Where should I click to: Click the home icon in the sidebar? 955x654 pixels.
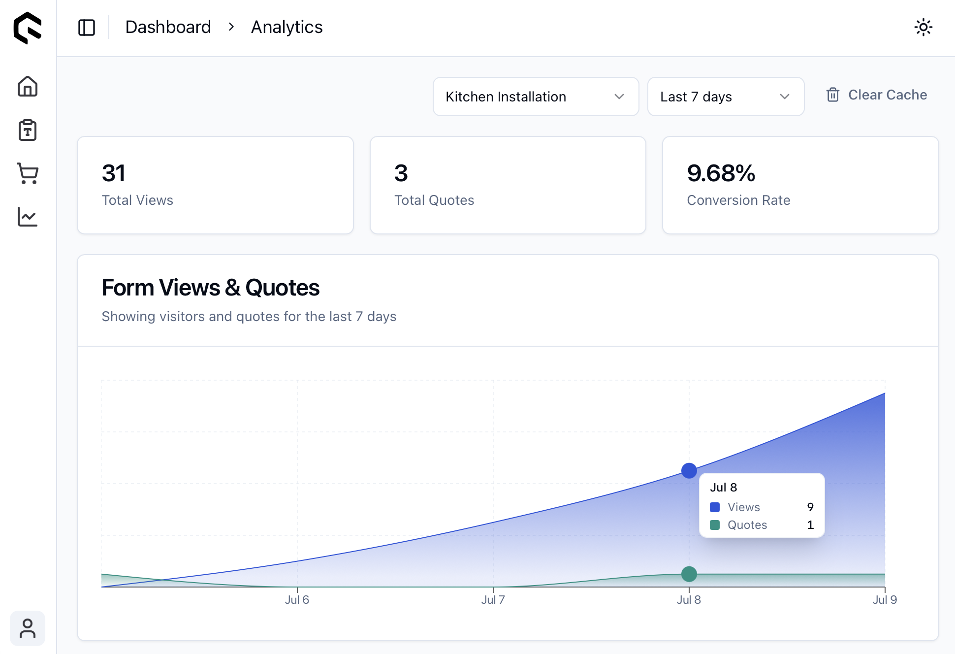(28, 87)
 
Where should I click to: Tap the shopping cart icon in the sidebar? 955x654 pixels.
(28, 173)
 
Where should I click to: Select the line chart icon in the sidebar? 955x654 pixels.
(28, 217)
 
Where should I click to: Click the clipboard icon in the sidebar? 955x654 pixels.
(28, 130)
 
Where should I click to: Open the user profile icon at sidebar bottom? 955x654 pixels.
(28, 628)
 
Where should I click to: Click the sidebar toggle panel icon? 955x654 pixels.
(87, 28)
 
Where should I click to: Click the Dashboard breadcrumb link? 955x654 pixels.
(168, 27)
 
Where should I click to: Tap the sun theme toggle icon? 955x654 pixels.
(923, 27)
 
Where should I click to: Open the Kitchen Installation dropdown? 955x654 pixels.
(536, 97)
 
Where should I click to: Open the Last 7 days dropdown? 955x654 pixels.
(726, 97)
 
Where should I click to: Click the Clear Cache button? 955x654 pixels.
(877, 95)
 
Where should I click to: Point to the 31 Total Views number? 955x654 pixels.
(114, 173)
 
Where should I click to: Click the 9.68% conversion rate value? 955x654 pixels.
(721, 173)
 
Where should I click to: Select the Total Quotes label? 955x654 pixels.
(434, 200)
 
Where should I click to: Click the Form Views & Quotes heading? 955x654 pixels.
(210, 288)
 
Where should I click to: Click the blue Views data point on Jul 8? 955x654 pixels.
(689, 471)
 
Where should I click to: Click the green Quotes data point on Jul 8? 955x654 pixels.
(689, 574)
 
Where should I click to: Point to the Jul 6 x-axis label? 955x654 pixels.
(297, 600)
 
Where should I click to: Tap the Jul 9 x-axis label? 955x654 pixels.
(884, 600)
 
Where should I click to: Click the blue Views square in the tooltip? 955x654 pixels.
(715, 507)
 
